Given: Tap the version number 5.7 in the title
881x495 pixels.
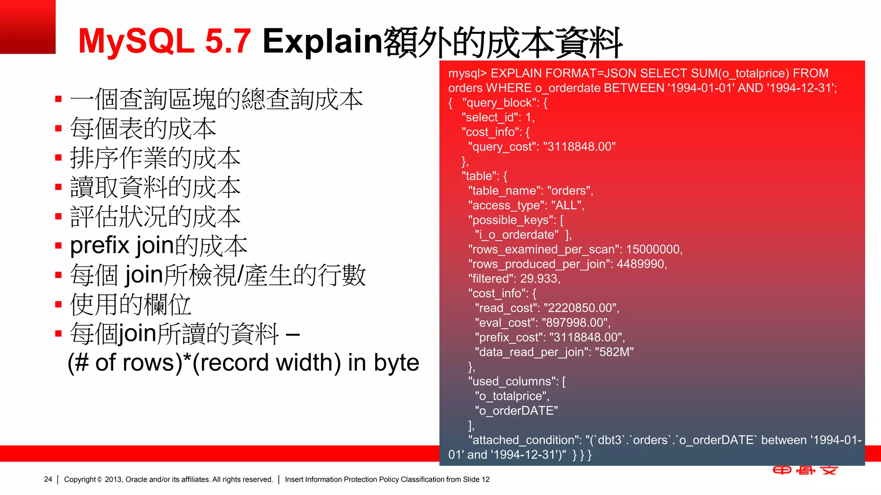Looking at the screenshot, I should pos(228,41).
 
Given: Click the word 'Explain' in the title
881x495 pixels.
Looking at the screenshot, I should pos(322,41).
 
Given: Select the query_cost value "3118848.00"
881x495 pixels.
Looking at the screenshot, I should pos(579,147).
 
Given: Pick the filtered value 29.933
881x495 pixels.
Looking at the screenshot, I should pos(539,279).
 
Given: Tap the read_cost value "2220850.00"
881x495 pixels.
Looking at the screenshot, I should pos(581,308).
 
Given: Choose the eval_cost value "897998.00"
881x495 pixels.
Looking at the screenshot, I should pos(575,323).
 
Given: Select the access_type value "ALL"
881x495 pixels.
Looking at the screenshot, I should pos(566,205).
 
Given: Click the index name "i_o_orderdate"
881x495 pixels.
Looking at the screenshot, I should pos(517,235).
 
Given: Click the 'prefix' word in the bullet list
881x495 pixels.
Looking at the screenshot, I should pos(99,246).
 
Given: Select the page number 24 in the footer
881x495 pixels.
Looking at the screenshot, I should pos(48,479).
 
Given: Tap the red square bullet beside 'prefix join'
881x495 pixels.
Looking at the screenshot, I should pos(59,246).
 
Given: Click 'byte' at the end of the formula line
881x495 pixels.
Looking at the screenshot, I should pos(396,363).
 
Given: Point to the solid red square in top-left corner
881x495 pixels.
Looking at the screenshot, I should pos(28,27).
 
